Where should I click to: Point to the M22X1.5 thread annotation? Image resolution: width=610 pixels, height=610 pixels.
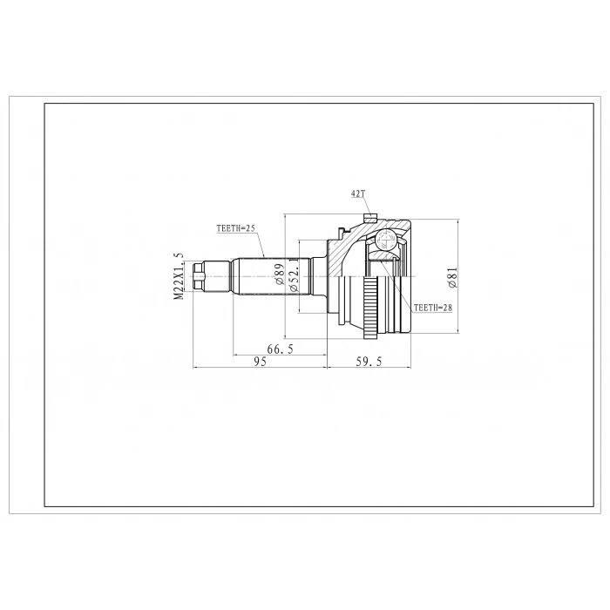(180, 277)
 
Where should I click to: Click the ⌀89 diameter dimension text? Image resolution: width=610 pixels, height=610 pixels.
(279, 277)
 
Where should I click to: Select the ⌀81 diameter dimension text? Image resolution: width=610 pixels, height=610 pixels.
(451, 278)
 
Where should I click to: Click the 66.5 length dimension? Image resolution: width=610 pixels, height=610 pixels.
(279, 349)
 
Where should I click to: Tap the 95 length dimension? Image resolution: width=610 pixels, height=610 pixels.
(259, 362)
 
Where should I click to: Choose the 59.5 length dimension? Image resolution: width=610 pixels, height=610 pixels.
(369, 362)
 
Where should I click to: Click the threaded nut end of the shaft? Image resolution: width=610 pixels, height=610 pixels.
(201, 276)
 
